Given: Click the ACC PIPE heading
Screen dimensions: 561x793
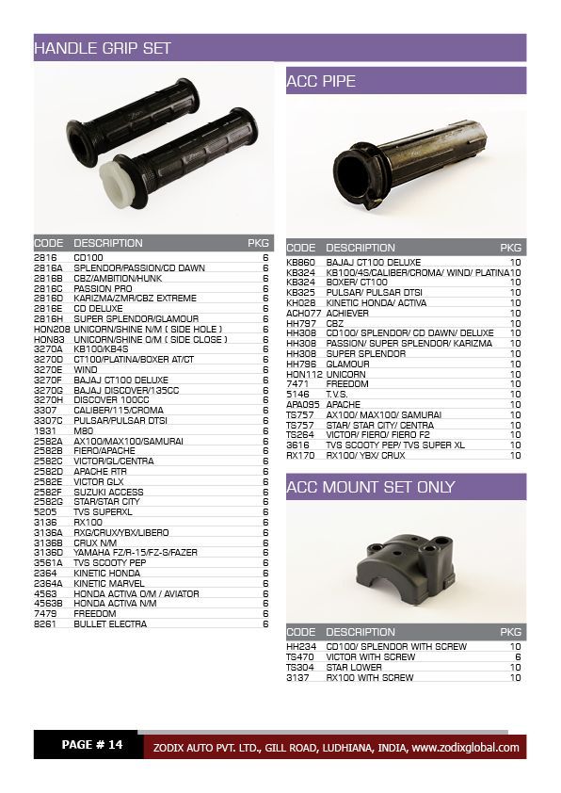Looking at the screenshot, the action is (x=321, y=82).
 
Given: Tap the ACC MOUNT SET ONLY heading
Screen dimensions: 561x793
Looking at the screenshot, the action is (x=370, y=487).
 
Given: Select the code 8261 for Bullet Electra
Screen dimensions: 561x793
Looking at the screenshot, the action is (x=45, y=623).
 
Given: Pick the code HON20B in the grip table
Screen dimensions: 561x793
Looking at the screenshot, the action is (x=52, y=330).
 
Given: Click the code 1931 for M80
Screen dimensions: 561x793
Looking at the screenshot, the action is (x=45, y=430).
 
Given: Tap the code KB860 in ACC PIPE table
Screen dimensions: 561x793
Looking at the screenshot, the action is (x=301, y=262).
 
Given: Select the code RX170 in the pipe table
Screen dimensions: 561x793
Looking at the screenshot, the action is (x=300, y=455).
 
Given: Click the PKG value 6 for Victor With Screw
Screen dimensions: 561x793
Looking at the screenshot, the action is (x=518, y=656).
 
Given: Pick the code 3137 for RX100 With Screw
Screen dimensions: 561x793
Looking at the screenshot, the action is (x=297, y=677).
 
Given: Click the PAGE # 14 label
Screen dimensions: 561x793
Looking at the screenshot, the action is (x=91, y=745).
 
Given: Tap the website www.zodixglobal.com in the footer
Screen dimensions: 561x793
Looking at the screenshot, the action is (x=465, y=748).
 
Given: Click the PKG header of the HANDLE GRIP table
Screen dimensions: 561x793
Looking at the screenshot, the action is (x=258, y=243).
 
